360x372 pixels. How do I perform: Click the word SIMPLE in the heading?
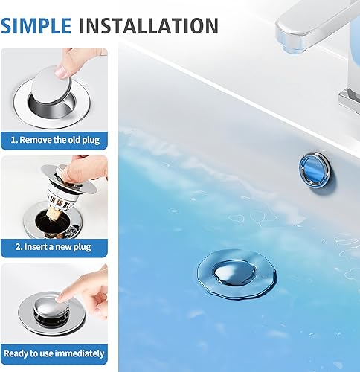point(36,26)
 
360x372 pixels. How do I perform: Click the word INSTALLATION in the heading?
point(149,26)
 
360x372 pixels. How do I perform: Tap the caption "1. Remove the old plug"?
point(55,140)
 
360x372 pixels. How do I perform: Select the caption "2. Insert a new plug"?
point(53,247)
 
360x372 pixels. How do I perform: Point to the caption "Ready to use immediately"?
point(54,353)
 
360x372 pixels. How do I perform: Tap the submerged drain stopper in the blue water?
point(237,275)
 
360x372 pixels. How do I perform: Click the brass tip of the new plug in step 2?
point(55,216)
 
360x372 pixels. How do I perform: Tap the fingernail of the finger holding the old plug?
point(61,71)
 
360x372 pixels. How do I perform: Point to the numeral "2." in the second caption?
point(19,247)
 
